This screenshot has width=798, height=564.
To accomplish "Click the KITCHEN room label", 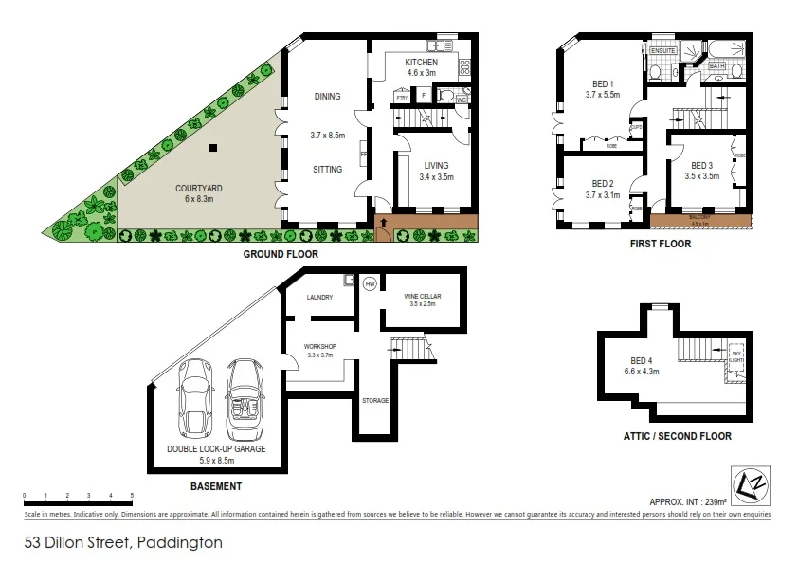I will point(422,63).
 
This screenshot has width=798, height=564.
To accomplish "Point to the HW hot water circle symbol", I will point(370,282).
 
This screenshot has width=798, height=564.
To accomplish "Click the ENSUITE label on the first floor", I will point(662,50).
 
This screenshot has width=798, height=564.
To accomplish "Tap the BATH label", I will point(717,66).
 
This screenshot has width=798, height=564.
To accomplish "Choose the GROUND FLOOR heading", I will point(280,254).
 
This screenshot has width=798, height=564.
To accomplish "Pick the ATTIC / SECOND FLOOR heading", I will point(678,436).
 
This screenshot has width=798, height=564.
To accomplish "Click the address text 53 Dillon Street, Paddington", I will point(123,543).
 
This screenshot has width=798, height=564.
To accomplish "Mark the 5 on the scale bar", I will point(132,496).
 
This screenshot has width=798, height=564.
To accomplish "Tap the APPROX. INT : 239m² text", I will point(688,501).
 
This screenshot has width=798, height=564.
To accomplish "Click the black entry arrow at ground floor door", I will point(384,223).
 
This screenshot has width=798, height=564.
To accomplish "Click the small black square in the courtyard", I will point(214,147).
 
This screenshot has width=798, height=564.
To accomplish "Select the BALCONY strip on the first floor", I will point(700,218).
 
